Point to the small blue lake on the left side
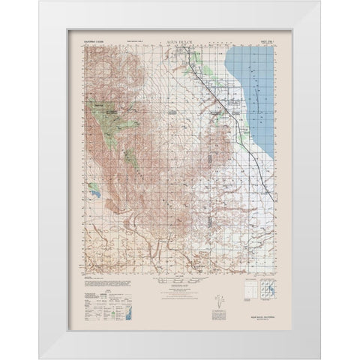click(x=96, y=193)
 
